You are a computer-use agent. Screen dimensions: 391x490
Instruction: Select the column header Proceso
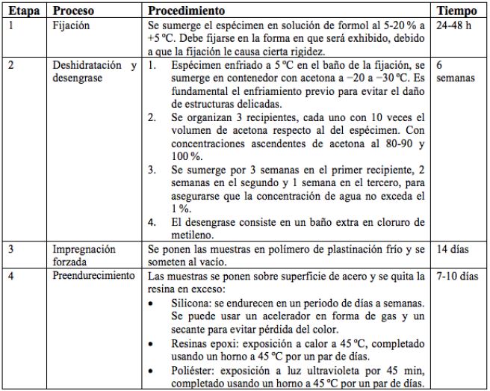[x=73, y=13]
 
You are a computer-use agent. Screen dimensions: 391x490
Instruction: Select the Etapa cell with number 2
[x=10, y=66]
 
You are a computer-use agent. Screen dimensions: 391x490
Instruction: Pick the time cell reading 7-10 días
[x=457, y=277]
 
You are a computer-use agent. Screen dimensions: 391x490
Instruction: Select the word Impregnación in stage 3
[x=84, y=249]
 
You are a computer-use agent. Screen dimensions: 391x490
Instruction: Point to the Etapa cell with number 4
[x=10, y=277]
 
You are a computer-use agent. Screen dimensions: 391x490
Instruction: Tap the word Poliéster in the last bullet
[x=186, y=372]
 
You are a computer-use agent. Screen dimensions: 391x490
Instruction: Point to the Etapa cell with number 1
[x=10, y=25]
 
